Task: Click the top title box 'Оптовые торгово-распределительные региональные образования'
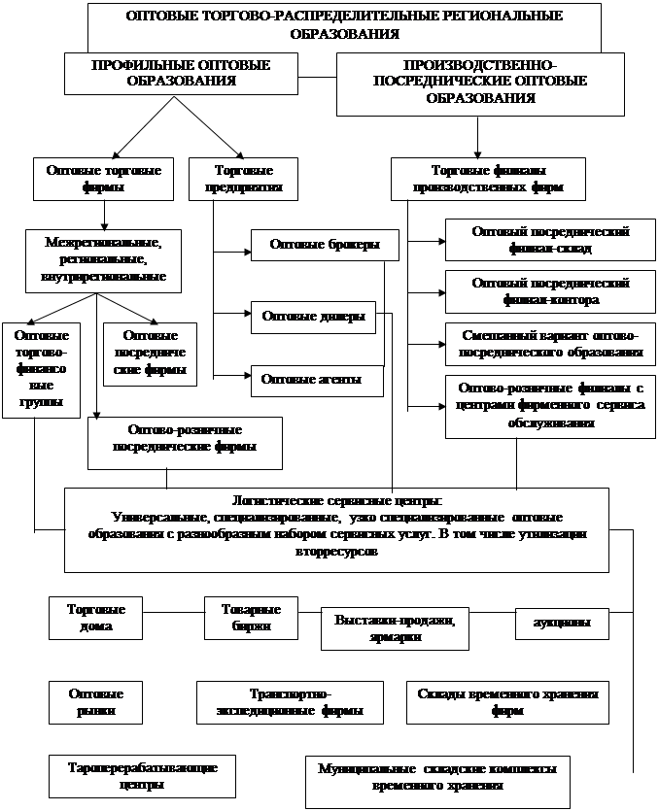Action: (x=344, y=25)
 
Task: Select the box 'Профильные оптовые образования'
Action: (x=181, y=74)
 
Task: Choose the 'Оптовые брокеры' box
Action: (x=324, y=245)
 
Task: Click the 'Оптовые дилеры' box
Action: (x=313, y=317)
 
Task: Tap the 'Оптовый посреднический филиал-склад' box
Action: (x=550, y=240)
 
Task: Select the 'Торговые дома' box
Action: (x=95, y=618)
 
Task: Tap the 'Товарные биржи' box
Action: (x=251, y=618)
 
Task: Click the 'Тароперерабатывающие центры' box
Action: (x=142, y=775)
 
